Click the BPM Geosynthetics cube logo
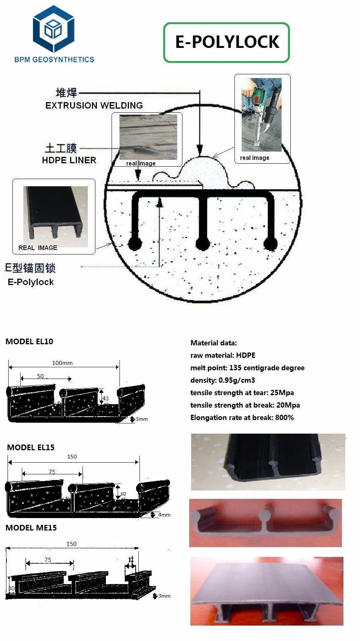pyautogui.click(x=54, y=29)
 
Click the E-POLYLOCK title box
pyautogui.click(x=227, y=42)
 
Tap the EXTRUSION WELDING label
pyautogui.click(x=94, y=106)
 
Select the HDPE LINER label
pyautogui.click(x=69, y=160)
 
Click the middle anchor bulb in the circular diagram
pyautogui.click(x=203, y=244)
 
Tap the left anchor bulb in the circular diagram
pyautogui.click(x=135, y=244)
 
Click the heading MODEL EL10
pyautogui.click(x=29, y=342)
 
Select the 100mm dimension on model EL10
pyautogui.click(x=62, y=363)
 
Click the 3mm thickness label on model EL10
pyautogui.click(x=142, y=419)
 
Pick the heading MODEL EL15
pyautogui.click(x=31, y=448)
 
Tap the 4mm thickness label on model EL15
pyautogui.click(x=164, y=515)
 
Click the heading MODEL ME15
pyautogui.click(x=31, y=528)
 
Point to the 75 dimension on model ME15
pyautogui.click(x=48, y=560)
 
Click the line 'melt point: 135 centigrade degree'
pyautogui.click(x=247, y=368)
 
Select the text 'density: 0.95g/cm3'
pyautogui.click(x=222, y=380)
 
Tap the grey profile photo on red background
pyautogui.click(x=265, y=523)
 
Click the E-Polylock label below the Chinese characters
pyautogui.click(x=31, y=282)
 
